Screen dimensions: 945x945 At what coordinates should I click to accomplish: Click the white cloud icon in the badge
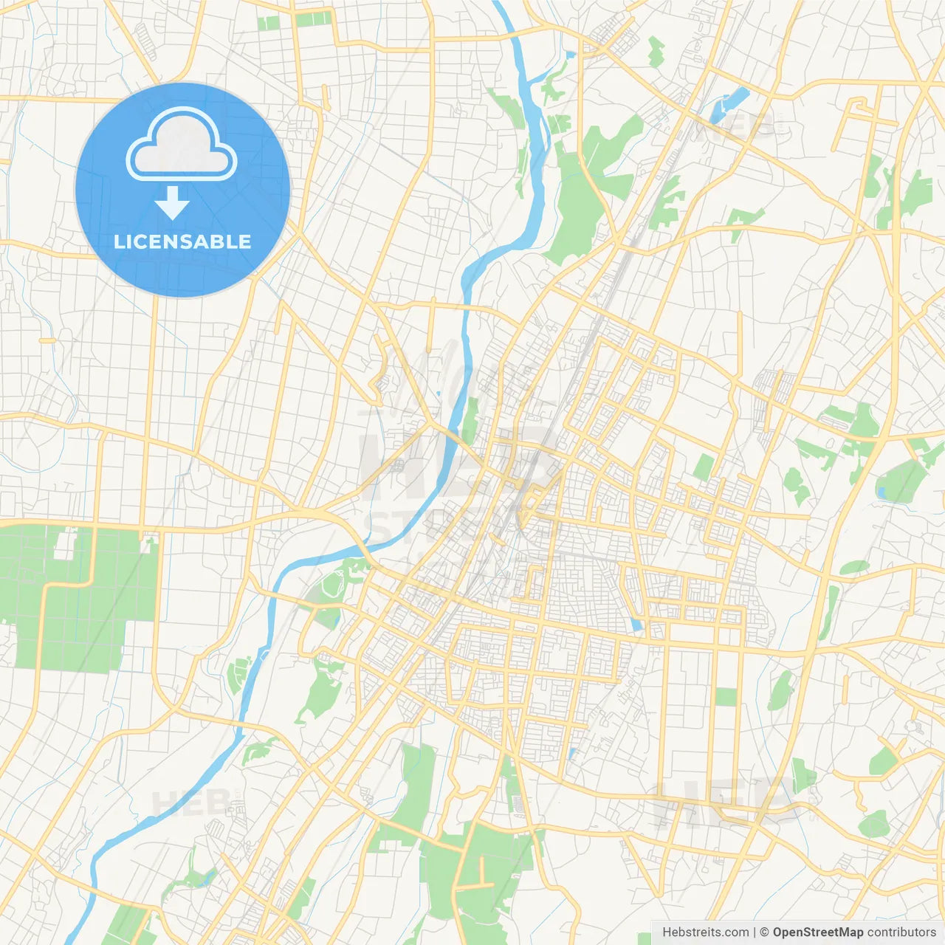click(x=182, y=145)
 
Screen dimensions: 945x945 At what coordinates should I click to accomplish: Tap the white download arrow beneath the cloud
click(x=173, y=203)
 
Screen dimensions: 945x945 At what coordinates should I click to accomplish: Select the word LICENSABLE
click(x=182, y=241)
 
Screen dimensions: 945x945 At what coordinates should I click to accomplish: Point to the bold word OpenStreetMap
click(x=818, y=932)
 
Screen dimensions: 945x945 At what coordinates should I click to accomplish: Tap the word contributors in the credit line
click(x=901, y=932)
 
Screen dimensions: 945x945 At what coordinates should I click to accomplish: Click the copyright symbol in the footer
click(x=765, y=932)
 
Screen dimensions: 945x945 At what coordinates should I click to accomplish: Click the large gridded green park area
click(x=74, y=605)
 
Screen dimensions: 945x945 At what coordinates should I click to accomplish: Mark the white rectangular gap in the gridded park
click(x=66, y=545)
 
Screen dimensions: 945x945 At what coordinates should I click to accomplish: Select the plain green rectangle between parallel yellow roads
click(x=726, y=696)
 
